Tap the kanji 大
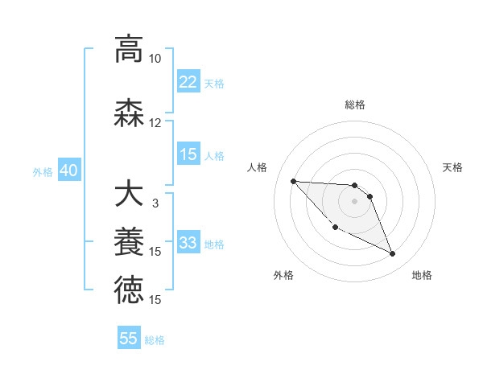(129, 195)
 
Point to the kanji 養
(129, 242)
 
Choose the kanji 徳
(129, 290)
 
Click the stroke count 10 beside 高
(155, 59)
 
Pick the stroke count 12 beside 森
(155, 123)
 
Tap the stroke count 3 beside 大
(155, 203)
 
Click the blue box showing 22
(188, 82)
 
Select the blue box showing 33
(188, 244)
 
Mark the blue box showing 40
(68, 171)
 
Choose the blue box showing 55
(129, 339)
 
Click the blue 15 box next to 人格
(188, 155)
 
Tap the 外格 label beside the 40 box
(43, 172)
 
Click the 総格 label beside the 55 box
(155, 340)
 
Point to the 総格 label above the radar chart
(355, 105)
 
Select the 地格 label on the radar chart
(422, 276)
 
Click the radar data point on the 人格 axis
(293, 181)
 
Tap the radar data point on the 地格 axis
(393, 254)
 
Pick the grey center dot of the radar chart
(354, 201)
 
